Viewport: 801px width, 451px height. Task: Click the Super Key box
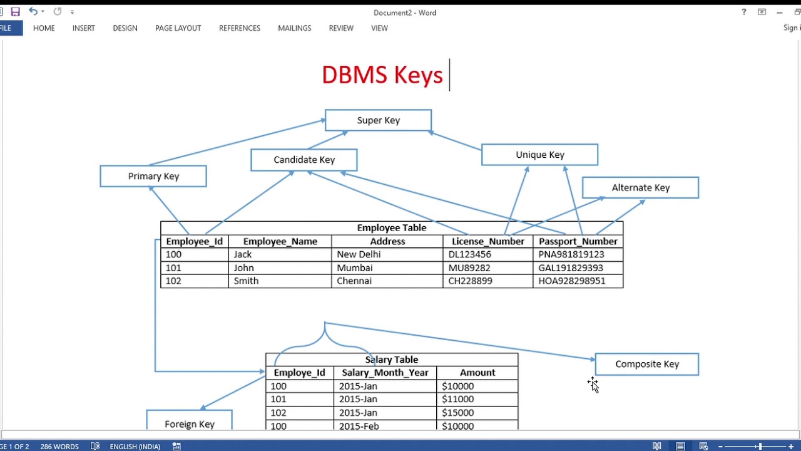pyautogui.click(x=378, y=120)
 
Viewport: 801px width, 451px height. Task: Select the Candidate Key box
pyautogui.click(x=304, y=160)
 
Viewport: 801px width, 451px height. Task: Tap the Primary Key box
pyautogui.click(x=153, y=176)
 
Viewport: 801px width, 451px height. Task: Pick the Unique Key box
pyautogui.click(x=539, y=155)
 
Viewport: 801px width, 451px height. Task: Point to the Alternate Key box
pyautogui.click(x=640, y=188)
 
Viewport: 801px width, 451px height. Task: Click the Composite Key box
pyautogui.click(x=646, y=364)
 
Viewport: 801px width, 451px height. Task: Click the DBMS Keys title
pyautogui.click(x=382, y=75)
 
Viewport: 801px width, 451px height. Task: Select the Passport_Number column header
pyautogui.click(x=578, y=241)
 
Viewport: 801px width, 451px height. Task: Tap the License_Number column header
pyautogui.click(x=487, y=241)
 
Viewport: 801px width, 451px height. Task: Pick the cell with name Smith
pyautogui.click(x=246, y=281)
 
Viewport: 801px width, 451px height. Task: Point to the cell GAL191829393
pyautogui.click(x=571, y=267)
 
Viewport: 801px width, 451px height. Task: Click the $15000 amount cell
pyautogui.click(x=457, y=413)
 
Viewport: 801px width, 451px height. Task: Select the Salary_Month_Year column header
pyautogui.click(x=385, y=373)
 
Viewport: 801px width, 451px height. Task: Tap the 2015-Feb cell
pyautogui.click(x=359, y=426)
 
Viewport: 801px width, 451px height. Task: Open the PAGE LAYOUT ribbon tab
pyautogui.click(x=178, y=28)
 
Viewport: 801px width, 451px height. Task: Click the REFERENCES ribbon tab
pyautogui.click(x=240, y=28)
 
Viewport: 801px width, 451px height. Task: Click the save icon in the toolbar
pyautogui.click(x=16, y=12)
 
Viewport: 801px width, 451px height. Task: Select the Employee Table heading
pyautogui.click(x=391, y=228)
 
